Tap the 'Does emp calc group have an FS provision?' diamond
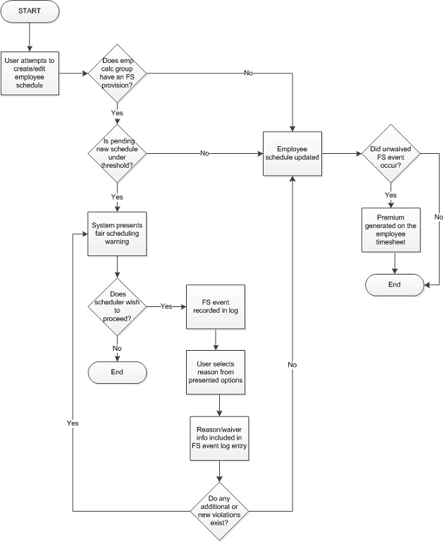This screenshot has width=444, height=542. click(x=117, y=73)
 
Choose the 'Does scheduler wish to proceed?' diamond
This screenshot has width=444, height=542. click(x=117, y=306)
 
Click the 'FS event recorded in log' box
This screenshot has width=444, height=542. click(x=215, y=306)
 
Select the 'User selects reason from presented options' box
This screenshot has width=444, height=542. click(x=215, y=371)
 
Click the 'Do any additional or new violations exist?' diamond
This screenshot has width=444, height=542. click(x=221, y=510)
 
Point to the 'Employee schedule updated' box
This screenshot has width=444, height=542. click(x=292, y=152)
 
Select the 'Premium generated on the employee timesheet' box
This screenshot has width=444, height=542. click(x=391, y=231)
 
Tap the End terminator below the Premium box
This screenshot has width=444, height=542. click(x=394, y=284)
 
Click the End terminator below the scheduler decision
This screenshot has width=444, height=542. click(x=117, y=371)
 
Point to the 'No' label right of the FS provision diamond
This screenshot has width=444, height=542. click(x=249, y=73)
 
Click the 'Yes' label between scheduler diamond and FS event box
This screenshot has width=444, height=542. click(x=166, y=306)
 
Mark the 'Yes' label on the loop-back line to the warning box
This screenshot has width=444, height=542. click(x=73, y=423)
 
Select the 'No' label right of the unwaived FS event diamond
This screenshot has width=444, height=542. click(x=438, y=217)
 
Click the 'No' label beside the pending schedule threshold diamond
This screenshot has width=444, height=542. click(x=204, y=153)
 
